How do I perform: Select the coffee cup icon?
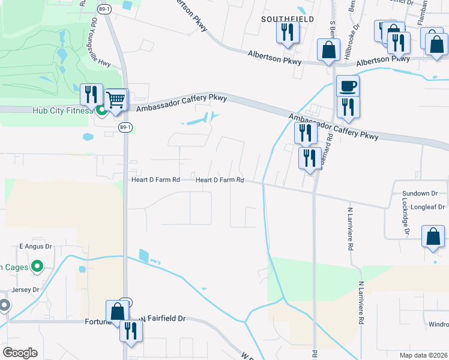point(348,86)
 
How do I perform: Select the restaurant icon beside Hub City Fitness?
point(91,94)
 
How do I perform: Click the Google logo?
point(20,353)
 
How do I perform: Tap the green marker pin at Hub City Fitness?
point(101,110)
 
